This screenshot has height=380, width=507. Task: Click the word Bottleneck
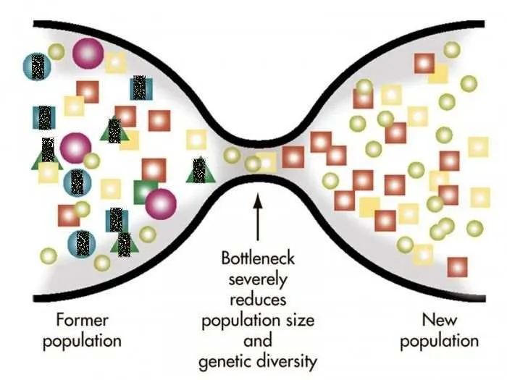(x=258, y=258)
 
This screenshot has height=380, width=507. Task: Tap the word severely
(x=258, y=280)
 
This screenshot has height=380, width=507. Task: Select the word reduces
(x=258, y=300)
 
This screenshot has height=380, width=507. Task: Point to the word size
(x=300, y=320)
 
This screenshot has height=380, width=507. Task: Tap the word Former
(x=82, y=320)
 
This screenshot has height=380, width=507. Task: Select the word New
(x=440, y=320)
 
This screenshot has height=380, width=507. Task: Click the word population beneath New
(x=440, y=342)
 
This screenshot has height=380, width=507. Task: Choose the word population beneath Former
(x=82, y=342)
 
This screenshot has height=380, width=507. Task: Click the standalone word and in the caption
(x=258, y=341)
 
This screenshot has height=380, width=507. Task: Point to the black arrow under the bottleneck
(x=258, y=217)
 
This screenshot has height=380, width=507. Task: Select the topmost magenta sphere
(x=88, y=54)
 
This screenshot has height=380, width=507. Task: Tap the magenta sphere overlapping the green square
(x=161, y=204)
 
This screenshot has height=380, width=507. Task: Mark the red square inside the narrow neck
(x=293, y=157)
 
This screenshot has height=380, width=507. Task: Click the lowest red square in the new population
(x=457, y=267)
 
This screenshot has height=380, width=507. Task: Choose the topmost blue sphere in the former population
(x=37, y=67)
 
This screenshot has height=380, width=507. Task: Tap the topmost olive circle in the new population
(x=452, y=50)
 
